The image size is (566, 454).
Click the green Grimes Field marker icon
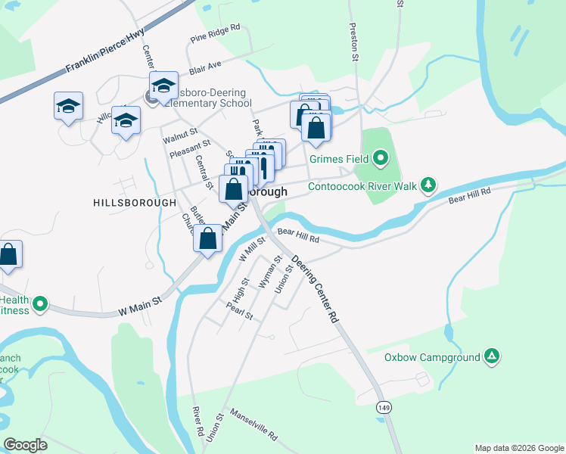(x=381, y=158)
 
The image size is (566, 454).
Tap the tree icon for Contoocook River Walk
(x=428, y=185)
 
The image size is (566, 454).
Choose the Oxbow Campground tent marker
(x=492, y=356)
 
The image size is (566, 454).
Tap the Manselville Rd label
(x=253, y=426)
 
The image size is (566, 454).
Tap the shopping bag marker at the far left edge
(x=8, y=255)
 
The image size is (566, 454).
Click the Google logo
(x=25, y=445)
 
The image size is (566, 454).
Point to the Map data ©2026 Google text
(x=518, y=448)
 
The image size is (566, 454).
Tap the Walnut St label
(x=179, y=135)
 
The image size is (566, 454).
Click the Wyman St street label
(x=269, y=271)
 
